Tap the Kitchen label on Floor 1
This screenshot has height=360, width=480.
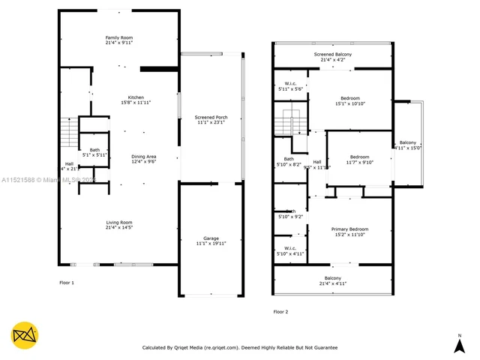136,100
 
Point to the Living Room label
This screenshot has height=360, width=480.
119,224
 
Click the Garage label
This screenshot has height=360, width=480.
211,241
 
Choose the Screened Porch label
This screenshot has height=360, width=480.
211,120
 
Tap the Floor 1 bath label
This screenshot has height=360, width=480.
94,152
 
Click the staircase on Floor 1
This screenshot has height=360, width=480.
68,133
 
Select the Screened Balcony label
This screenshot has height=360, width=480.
332,57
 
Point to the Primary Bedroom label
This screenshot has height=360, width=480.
350,231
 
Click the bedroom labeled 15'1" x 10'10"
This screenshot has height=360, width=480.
350,100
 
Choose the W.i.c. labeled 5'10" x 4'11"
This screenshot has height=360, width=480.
289,250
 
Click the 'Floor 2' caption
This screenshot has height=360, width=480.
280,311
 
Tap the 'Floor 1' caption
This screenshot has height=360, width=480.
67,282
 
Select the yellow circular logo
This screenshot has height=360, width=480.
25,334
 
